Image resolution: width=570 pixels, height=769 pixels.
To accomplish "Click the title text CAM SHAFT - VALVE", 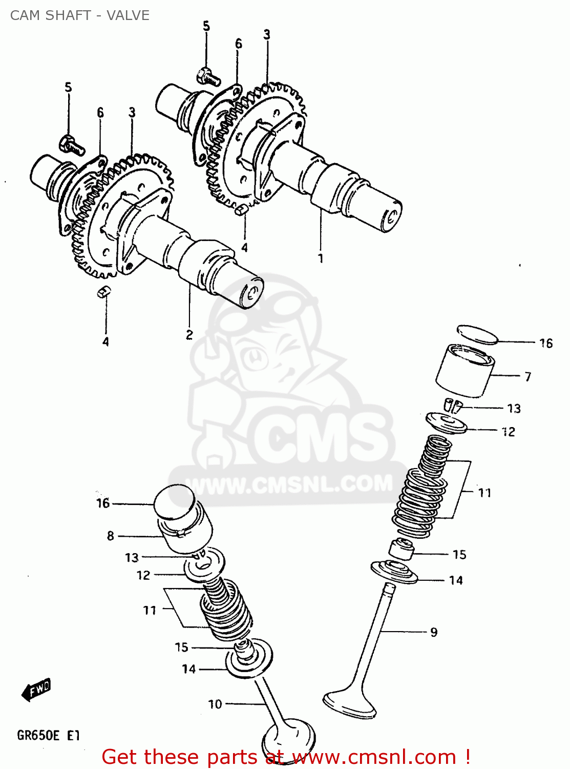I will tap(80, 15).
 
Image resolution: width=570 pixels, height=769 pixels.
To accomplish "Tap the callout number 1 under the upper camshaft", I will tap(321, 258).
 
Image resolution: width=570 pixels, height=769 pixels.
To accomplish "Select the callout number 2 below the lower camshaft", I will tap(189, 335).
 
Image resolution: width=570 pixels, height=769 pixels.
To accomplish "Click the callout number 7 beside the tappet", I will tap(528, 377).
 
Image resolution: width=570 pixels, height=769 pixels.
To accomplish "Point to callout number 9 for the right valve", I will tap(434, 632).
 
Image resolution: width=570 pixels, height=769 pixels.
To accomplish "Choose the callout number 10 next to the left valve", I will tap(215, 704).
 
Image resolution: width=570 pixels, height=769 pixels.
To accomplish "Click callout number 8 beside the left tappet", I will tap(111, 536).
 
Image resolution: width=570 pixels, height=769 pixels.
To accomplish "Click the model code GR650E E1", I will tap(49, 736).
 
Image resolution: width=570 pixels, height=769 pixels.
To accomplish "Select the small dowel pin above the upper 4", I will tap(241, 209).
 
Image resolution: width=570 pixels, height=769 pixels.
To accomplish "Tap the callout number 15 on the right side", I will tap(459, 555).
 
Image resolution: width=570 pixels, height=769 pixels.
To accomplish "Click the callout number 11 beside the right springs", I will tap(484, 493).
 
